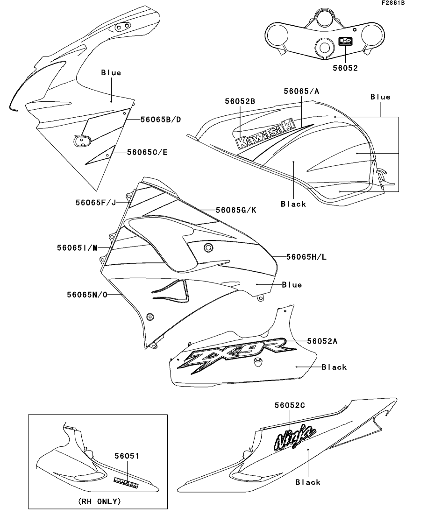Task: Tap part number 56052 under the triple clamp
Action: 345,68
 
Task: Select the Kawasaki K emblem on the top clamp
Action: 345,42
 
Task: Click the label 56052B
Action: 240,101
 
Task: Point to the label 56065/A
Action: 301,92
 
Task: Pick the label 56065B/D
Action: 161,120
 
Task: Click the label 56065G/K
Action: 236,210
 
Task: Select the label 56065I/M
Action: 81,247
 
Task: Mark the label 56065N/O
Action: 87,295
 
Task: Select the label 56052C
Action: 286,405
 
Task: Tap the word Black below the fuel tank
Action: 293,204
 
